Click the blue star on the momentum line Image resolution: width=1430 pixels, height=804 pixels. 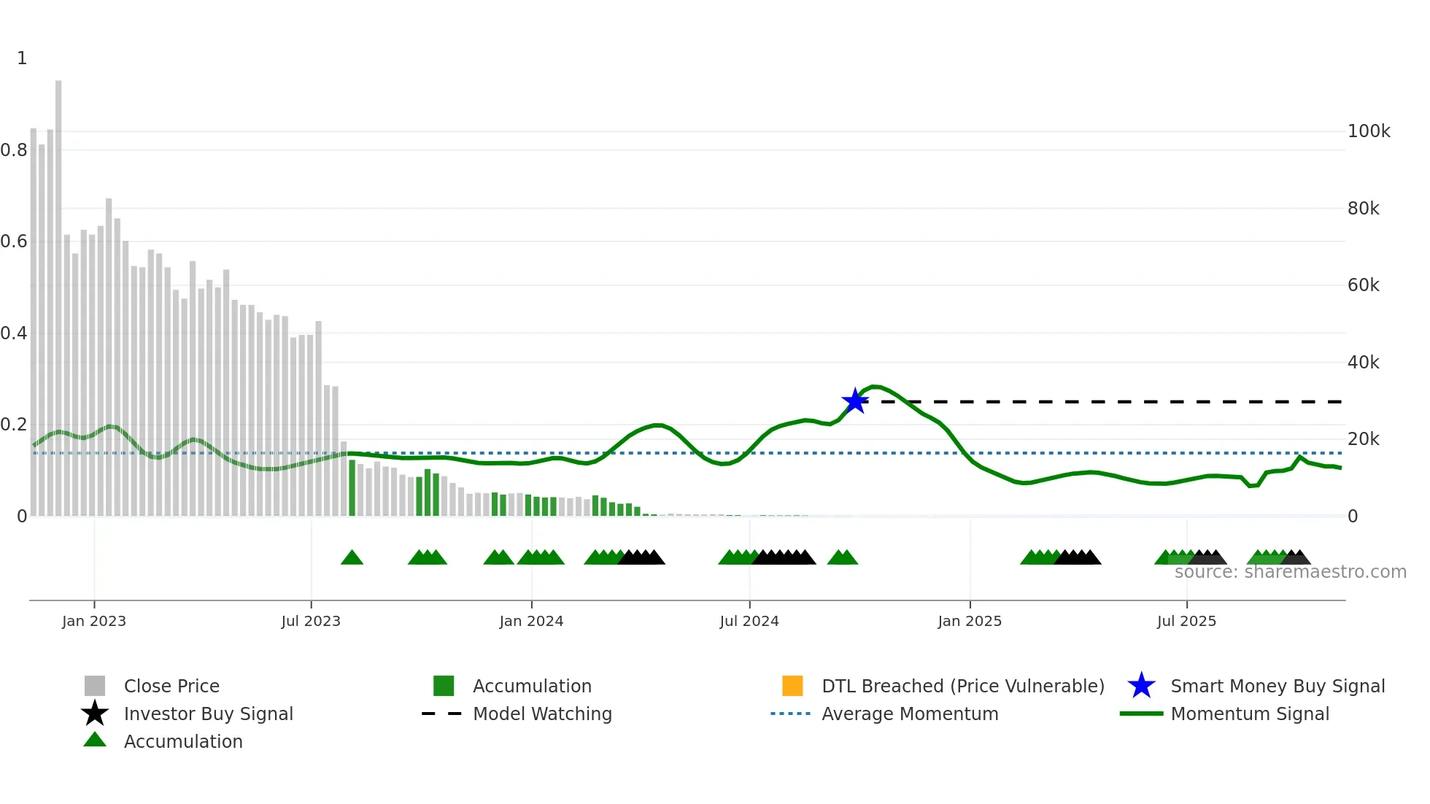pos(855,401)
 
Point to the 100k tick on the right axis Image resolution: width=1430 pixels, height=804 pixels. pos(1369,131)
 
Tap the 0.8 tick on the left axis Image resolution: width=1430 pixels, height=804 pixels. pos(14,150)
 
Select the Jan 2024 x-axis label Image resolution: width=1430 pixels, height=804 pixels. pos(531,621)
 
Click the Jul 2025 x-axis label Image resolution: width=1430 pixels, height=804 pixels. pos(1186,621)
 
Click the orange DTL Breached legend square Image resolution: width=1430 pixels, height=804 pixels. pos(792,686)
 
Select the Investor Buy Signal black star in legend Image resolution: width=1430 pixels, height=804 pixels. pos(95,714)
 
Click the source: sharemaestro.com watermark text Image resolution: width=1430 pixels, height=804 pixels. pos(1290,572)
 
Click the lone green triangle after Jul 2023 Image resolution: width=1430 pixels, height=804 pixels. pos(352,558)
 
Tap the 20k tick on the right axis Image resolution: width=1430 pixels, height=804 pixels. pos(1363,439)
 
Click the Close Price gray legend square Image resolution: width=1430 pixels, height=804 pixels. pos(95,686)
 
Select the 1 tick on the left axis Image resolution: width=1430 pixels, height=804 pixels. pos(22,58)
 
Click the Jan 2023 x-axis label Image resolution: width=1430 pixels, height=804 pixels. pos(94,621)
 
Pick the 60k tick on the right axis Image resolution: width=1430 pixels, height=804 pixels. pos(1363,285)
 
